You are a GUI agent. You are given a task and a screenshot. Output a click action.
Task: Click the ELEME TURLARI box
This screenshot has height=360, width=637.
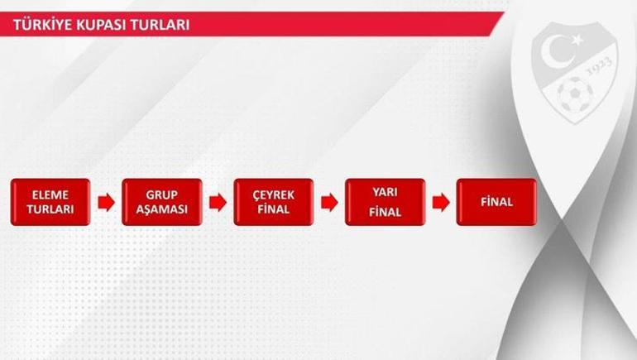50,202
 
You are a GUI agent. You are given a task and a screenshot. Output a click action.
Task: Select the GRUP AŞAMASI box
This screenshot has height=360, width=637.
162,202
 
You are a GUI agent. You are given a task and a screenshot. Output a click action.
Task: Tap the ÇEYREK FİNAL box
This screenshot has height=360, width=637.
273,202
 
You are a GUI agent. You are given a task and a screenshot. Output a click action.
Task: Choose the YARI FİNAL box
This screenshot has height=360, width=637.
386,202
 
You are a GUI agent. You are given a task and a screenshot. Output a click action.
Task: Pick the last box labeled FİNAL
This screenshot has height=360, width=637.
496,202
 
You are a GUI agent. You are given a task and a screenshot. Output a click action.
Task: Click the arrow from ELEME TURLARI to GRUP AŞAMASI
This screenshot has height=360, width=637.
106,203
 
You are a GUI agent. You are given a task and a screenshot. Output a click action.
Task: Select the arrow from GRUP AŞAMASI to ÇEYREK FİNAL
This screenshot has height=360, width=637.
218,203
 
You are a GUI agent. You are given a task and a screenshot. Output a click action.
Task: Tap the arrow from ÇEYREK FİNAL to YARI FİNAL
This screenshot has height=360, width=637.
329,203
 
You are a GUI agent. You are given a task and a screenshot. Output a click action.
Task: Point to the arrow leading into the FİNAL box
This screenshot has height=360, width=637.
441,203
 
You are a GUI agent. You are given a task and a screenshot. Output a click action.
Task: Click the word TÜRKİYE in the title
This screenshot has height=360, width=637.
41,25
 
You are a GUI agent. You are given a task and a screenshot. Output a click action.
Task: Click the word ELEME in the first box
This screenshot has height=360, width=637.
50,194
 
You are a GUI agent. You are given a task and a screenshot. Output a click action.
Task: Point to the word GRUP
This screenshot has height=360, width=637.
162,194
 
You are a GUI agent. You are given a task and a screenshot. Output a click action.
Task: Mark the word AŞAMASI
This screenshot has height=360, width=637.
162,209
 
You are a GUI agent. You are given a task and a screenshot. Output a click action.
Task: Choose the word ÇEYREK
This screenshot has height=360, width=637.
273,194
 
